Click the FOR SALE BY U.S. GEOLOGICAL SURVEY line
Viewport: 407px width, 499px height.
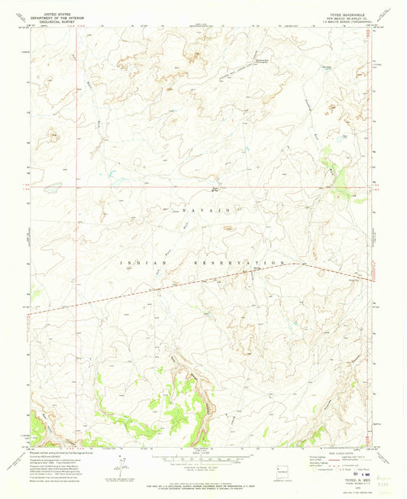click(x=202, y=479)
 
